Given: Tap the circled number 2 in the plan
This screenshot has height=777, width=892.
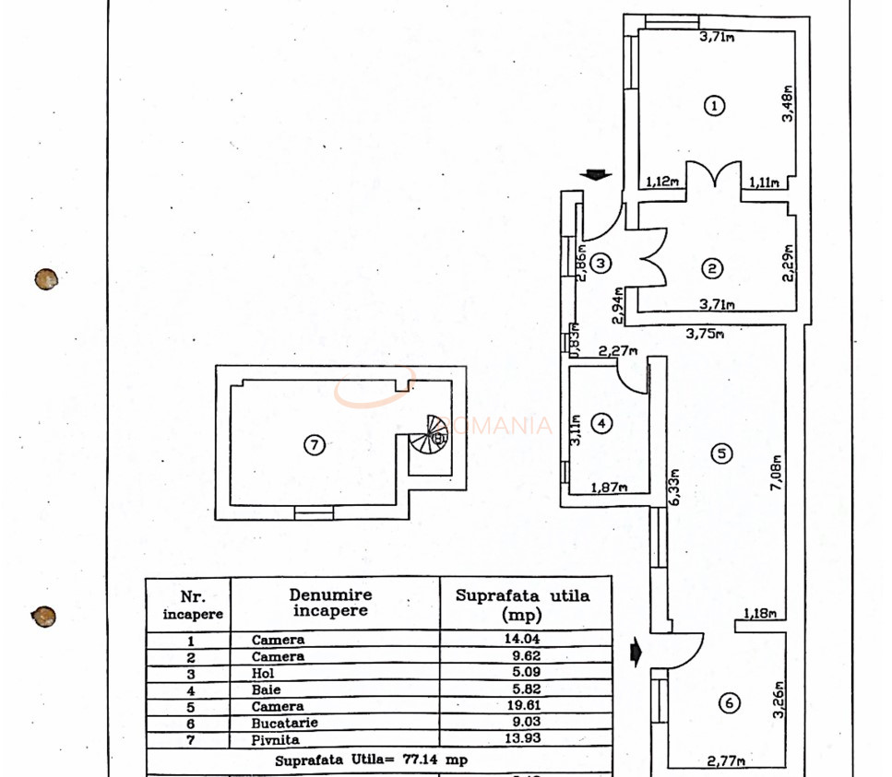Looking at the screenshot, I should point(712,268).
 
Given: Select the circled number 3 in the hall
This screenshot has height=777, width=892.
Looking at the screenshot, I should point(601,264).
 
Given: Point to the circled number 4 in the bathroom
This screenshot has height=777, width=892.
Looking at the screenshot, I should point(601,423).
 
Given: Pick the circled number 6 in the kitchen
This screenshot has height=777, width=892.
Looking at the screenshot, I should point(729,703).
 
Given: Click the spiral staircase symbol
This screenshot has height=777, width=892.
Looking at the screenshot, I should point(434,434).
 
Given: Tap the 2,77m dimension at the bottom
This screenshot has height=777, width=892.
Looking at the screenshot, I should point(727,760).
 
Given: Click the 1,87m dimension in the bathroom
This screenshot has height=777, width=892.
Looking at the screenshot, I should point(609,488).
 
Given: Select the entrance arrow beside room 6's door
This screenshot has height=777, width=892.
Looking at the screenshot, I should point(636,653).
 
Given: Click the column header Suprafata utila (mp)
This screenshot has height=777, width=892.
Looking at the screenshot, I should point(523,604).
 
